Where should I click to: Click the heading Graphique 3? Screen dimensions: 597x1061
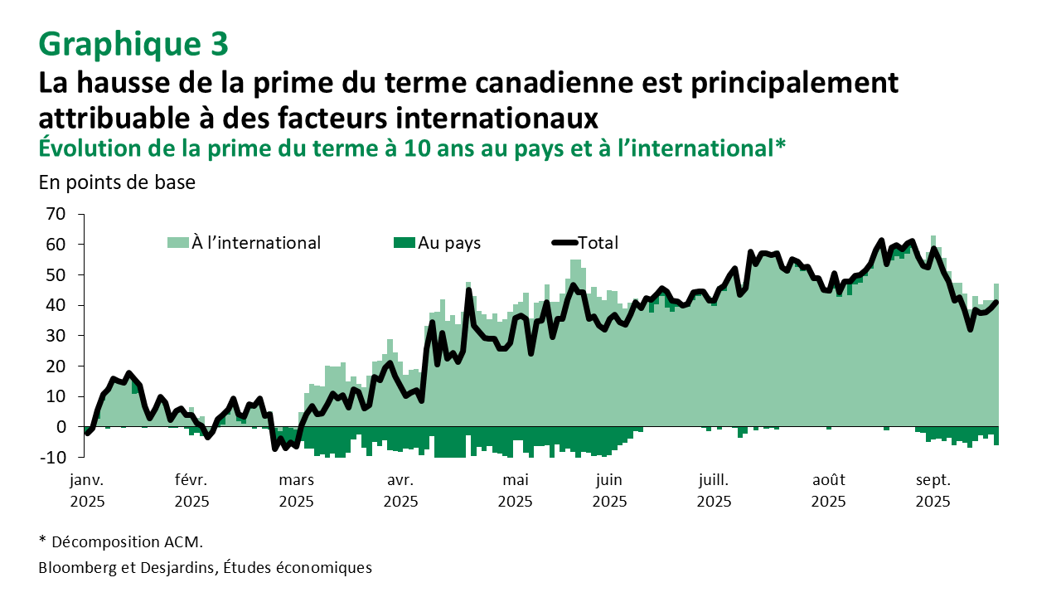(133, 44)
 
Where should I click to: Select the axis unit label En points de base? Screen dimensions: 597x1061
(117, 182)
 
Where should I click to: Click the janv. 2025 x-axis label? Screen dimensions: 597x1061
(88, 490)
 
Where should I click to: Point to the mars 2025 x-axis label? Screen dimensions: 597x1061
(297, 490)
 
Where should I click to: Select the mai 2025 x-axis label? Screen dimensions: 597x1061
(515, 490)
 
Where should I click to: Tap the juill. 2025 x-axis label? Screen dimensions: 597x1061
(714, 490)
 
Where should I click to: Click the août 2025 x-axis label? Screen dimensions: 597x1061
(828, 490)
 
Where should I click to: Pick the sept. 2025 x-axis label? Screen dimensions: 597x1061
(933, 490)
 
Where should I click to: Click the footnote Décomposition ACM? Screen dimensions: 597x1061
(121, 542)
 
